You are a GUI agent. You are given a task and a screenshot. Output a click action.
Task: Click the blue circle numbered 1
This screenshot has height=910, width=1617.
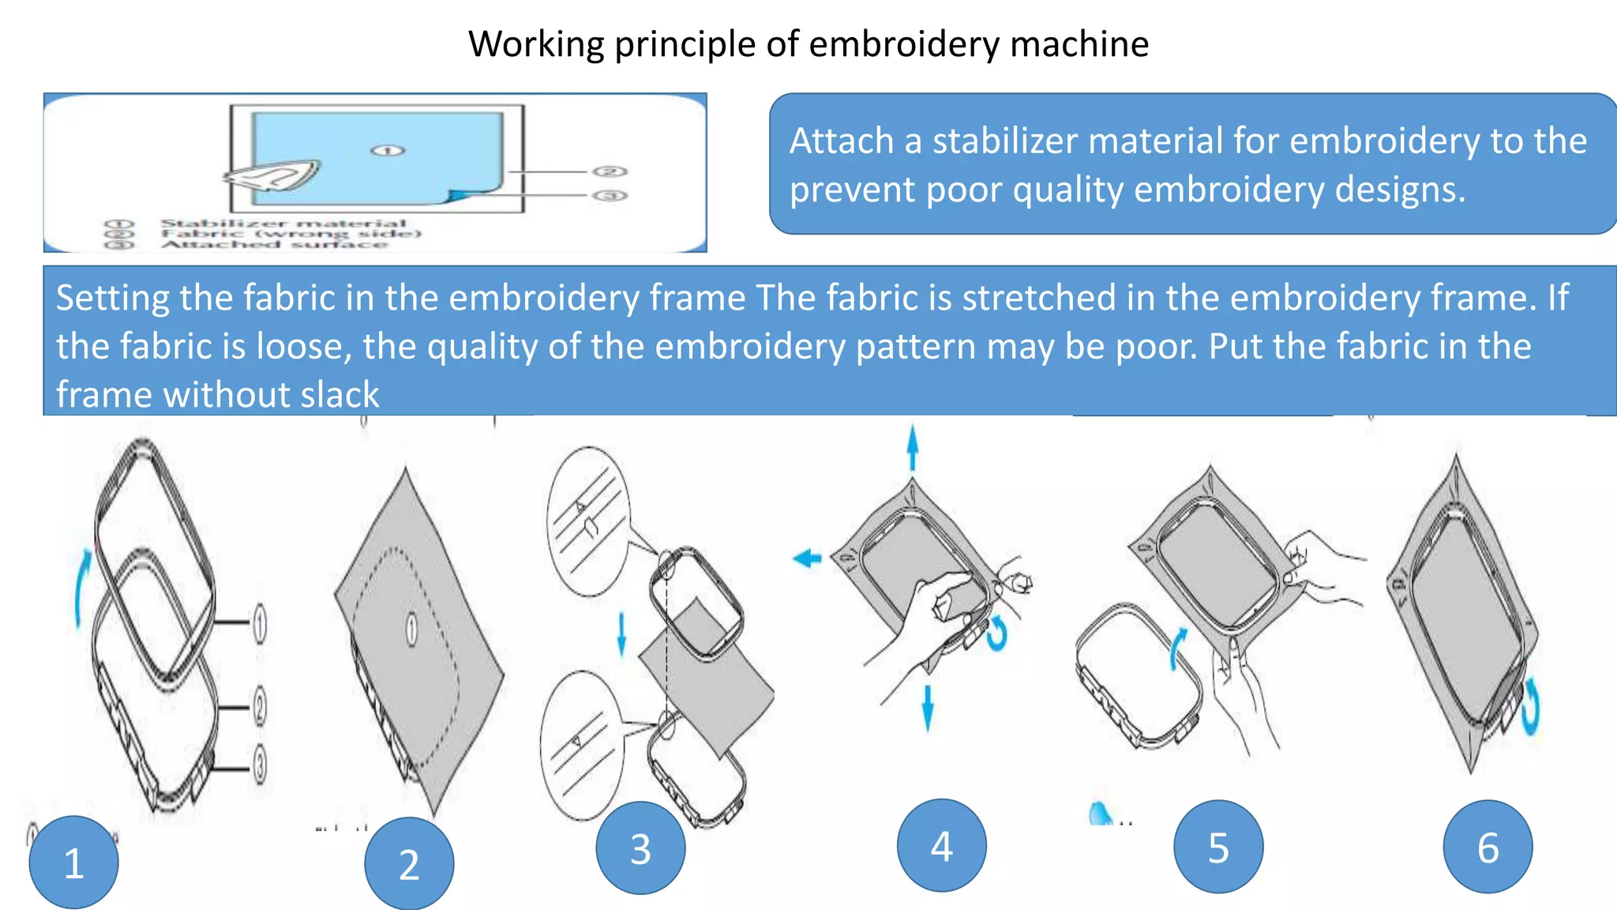[73, 863]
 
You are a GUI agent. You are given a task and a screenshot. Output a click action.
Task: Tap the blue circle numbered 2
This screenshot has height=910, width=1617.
[409, 864]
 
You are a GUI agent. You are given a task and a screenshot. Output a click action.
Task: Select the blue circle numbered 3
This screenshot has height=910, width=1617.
[640, 848]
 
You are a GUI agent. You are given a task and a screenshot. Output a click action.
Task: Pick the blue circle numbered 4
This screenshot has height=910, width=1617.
[941, 845]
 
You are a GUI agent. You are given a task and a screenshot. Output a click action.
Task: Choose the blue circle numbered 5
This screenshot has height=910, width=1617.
[1218, 847]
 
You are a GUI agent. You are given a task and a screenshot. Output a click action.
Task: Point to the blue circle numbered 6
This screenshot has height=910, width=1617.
[1488, 847]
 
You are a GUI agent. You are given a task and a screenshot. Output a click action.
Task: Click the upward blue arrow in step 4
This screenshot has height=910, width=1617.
[913, 447]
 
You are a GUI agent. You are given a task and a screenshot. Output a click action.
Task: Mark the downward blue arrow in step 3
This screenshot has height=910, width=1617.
[621, 633]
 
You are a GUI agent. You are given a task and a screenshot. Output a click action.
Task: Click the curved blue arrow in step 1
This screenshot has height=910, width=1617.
[82, 588]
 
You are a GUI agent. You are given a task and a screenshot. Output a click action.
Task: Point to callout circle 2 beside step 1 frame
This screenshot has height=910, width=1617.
[260, 706]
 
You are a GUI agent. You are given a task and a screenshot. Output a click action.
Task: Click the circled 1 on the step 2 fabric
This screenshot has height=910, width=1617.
[411, 630]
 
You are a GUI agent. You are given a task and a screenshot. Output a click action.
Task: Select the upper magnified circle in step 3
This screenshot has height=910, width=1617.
[588, 521]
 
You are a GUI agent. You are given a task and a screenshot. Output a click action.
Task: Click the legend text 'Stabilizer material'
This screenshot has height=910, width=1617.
[283, 224]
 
